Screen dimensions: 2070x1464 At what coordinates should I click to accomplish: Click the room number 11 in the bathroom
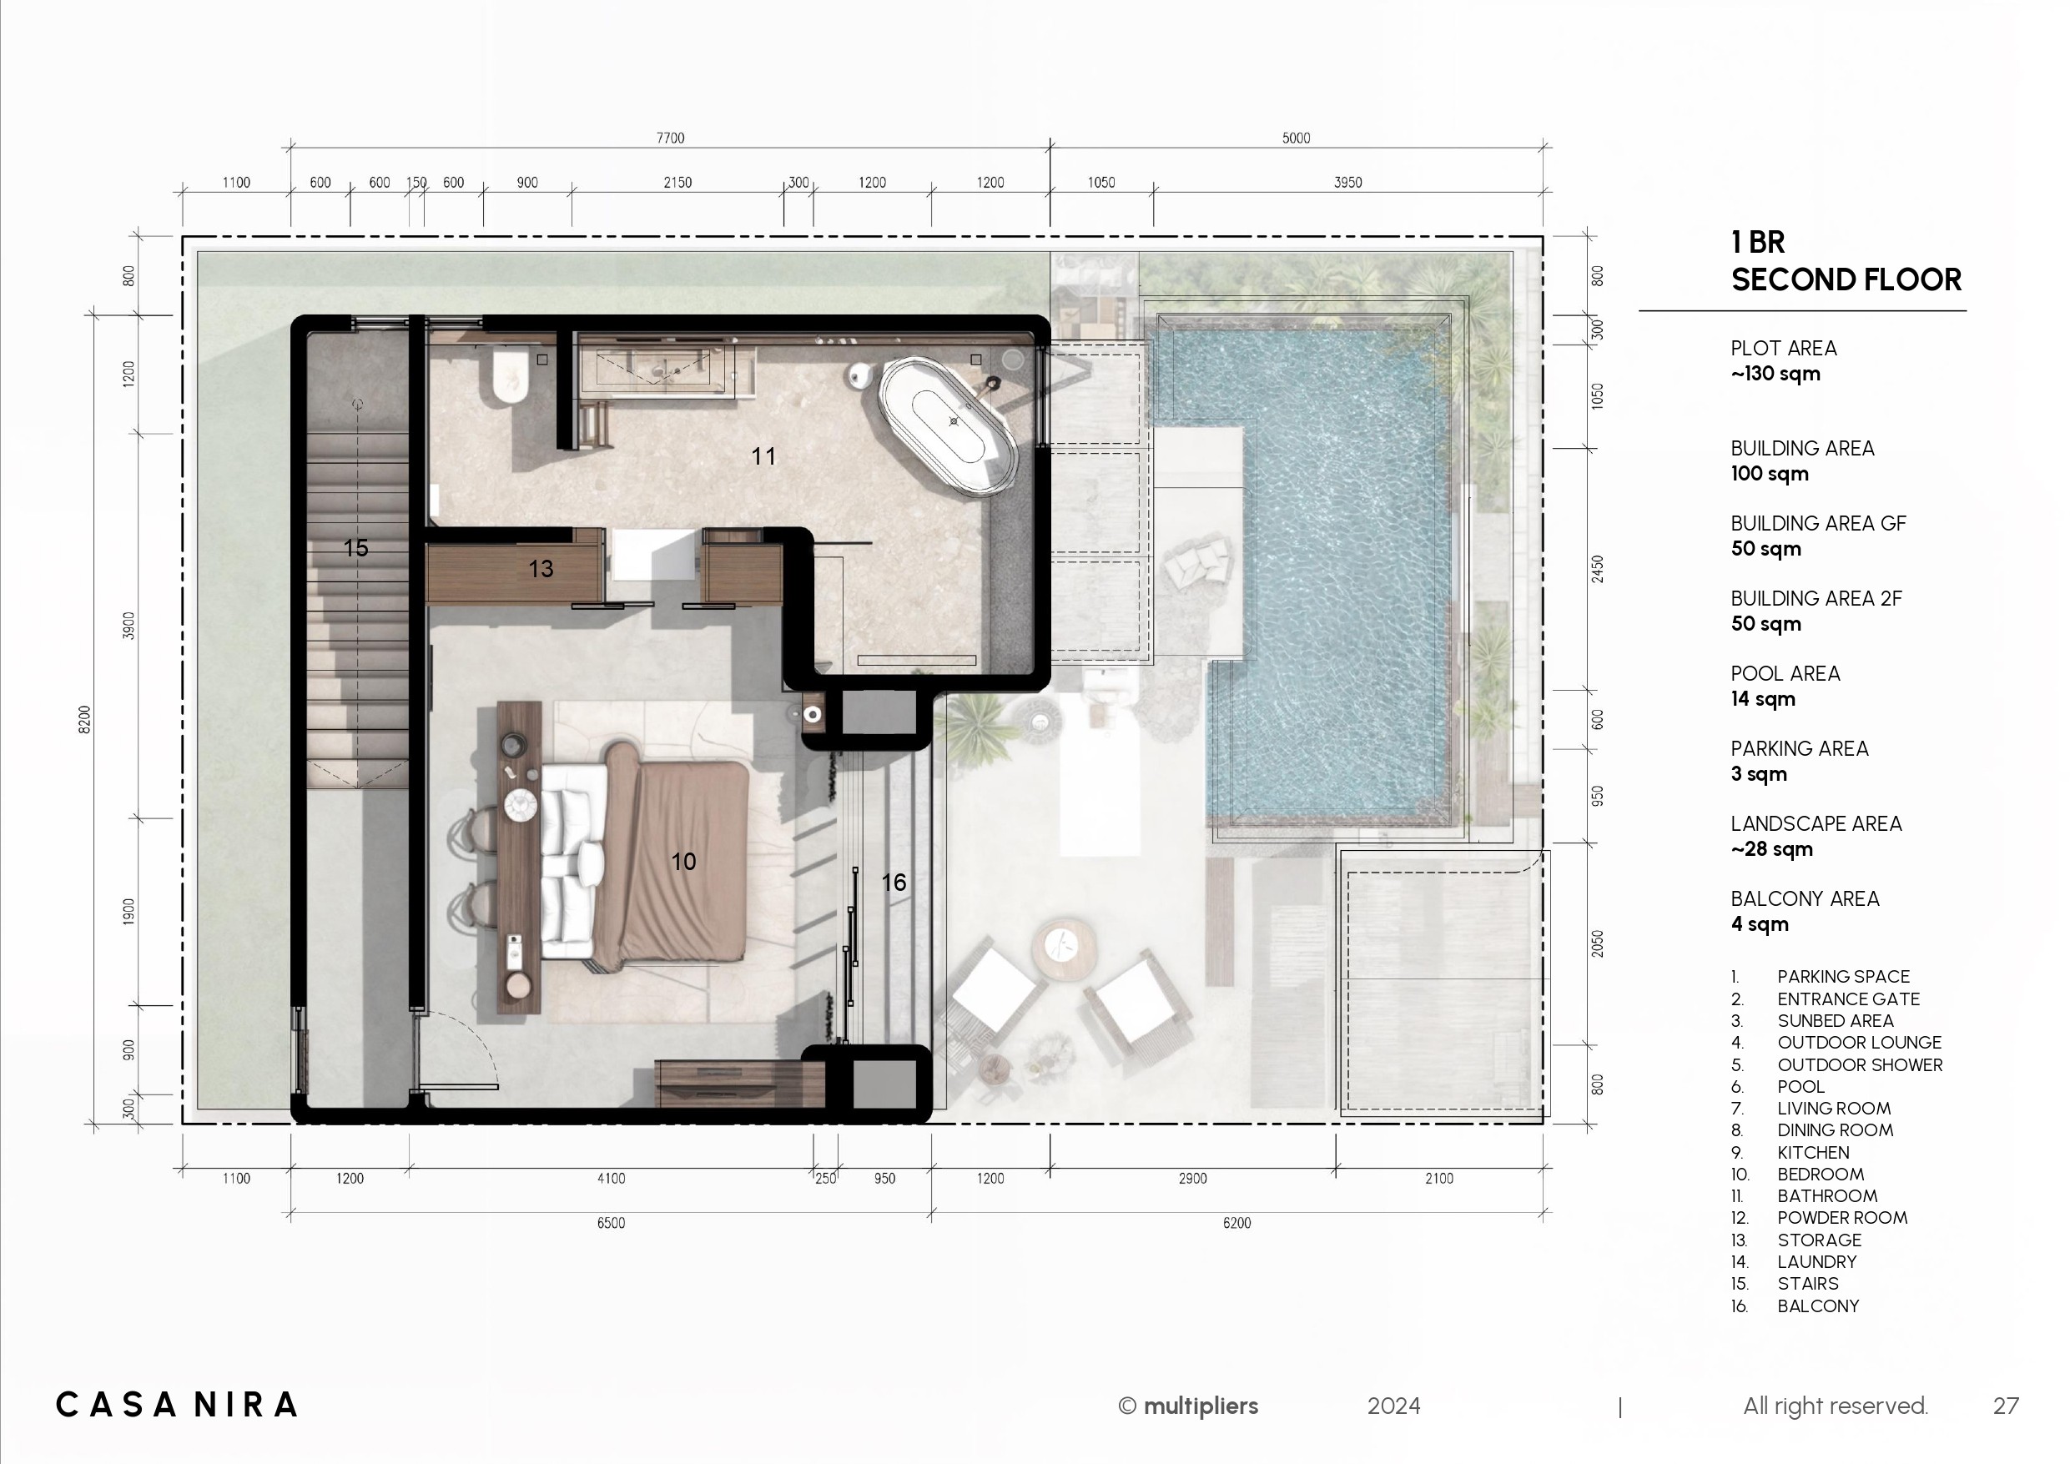point(763,456)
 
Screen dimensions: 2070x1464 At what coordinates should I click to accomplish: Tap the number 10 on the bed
point(683,862)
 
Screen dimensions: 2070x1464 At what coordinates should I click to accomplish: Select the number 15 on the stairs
point(356,548)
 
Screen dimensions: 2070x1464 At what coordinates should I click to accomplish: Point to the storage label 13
point(541,569)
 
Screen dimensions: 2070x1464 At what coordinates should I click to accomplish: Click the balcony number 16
point(894,883)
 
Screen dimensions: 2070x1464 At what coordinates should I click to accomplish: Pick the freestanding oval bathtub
point(949,426)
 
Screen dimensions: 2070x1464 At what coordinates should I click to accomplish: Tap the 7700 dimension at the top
point(670,138)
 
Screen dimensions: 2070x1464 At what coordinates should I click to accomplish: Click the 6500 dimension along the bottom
point(611,1223)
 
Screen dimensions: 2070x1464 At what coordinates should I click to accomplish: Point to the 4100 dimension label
point(611,1178)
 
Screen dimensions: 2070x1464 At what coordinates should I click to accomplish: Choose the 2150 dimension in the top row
point(677,182)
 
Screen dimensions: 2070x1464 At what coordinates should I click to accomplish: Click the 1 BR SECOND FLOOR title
point(1846,260)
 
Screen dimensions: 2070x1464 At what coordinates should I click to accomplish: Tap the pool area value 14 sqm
point(1763,699)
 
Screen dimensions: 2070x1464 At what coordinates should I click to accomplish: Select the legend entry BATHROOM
point(1827,1196)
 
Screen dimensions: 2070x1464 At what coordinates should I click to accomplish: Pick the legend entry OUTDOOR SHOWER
point(1860,1064)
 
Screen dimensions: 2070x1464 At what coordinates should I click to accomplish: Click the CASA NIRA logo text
point(177,1405)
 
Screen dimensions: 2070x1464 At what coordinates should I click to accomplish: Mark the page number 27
point(2006,1406)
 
